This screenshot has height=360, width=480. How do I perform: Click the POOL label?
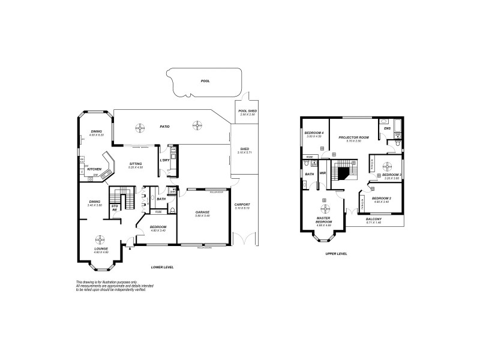tap(205, 81)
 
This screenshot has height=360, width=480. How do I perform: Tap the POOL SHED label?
tap(247, 111)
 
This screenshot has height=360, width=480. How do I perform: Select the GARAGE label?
tap(202, 212)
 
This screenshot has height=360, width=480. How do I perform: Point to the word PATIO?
tap(164, 127)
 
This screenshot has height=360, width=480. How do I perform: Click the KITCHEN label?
tap(94, 169)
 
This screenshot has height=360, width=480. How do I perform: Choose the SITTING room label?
tap(136, 164)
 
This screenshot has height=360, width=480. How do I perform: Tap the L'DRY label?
tap(164, 160)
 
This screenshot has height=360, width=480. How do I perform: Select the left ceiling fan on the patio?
tap(140, 127)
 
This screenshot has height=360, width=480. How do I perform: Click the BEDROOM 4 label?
tap(314, 133)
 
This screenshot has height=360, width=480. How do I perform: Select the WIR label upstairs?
tap(322, 173)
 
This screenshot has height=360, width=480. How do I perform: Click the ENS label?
tap(387, 128)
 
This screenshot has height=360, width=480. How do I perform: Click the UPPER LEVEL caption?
tap(337, 254)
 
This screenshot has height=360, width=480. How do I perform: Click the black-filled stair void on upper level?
tap(344, 174)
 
